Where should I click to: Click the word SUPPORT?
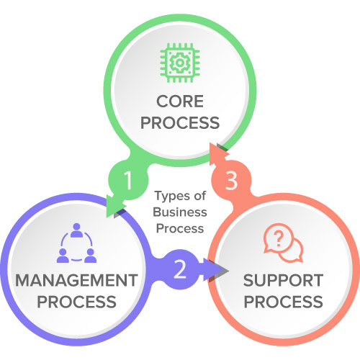(x=282, y=279)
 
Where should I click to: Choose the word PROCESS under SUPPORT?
(x=282, y=301)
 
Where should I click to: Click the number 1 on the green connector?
(x=127, y=181)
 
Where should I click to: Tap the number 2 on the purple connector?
(x=180, y=270)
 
